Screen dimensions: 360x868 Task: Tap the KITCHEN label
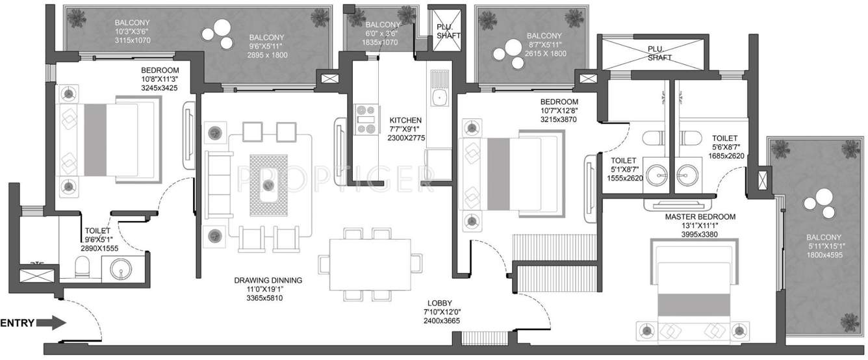pos(405,120)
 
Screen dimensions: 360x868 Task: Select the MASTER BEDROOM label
pos(700,216)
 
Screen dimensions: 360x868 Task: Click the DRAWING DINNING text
pos(268,281)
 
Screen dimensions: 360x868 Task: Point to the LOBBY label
pos(440,303)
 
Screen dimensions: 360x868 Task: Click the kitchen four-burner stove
pos(366,120)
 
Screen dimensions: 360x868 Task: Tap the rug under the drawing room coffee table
pos(268,185)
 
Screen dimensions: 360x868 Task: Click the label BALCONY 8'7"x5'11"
pos(544,44)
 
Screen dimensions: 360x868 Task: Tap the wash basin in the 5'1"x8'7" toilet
pos(654,174)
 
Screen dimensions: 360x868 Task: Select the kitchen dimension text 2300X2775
pos(405,138)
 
